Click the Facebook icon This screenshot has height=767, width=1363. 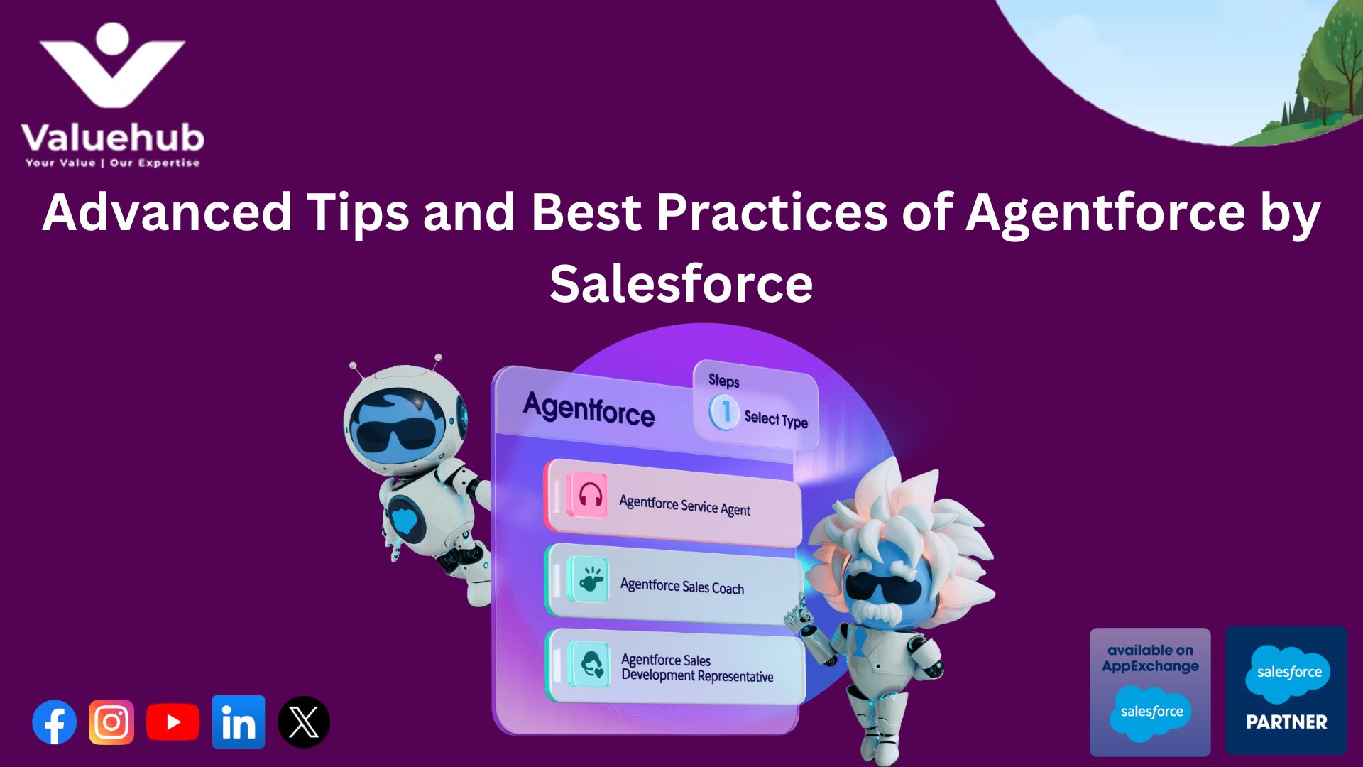pyautogui.click(x=55, y=722)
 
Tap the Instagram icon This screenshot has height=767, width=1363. pyautogui.click(x=111, y=722)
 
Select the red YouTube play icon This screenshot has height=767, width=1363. pyautogui.click(x=173, y=722)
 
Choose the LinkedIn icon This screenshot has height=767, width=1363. pyautogui.click(x=239, y=722)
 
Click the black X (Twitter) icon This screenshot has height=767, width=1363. pyautogui.click(x=304, y=722)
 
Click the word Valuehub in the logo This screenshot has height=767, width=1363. pyautogui.click(x=113, y=138)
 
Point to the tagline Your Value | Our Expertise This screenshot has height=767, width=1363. pyautogui.click(x=113, y=163)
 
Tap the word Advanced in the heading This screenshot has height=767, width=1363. pyautogui.click(x=168, y=212)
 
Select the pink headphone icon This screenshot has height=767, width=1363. pyautogui.click(x=589, y=494)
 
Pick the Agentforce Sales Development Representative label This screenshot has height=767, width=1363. pyautogui.click(x=696, y=668)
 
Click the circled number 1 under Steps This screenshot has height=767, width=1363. pyautogui.click(x=725, y=411)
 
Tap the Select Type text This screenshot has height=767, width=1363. pyautogui.click(x=776, y=420)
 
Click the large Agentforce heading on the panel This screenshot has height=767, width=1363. pyautogui.click(x=589, y=410)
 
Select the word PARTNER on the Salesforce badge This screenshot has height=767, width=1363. pyautogui.click(x=1286, y=722)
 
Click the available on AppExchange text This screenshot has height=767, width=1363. pyautogui.click(x=1150, y=658)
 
